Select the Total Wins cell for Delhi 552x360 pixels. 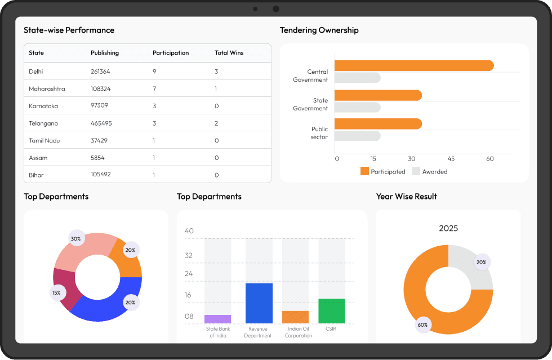(216, 72)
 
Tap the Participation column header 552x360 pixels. (171, 53)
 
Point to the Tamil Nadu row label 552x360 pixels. (44, 140)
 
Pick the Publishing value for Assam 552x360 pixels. (97, 158)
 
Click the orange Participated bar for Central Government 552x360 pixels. (413, 66)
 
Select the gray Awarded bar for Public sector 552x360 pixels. (357, 136)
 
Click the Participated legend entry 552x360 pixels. (382, 171)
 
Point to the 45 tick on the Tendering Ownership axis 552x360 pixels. (451, 159)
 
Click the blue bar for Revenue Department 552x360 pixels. (259, 303)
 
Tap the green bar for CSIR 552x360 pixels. (331, 311)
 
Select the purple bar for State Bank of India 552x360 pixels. (217, 319)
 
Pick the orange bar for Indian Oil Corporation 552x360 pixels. (295, 317)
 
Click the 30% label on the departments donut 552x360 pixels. (75, 239)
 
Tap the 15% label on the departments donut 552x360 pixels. (56, 292)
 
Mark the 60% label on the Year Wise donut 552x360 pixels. (422, 325)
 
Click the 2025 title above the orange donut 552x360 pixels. (448, 228)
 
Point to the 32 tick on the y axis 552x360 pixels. (189, 255)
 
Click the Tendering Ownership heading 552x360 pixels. (319, 30)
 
